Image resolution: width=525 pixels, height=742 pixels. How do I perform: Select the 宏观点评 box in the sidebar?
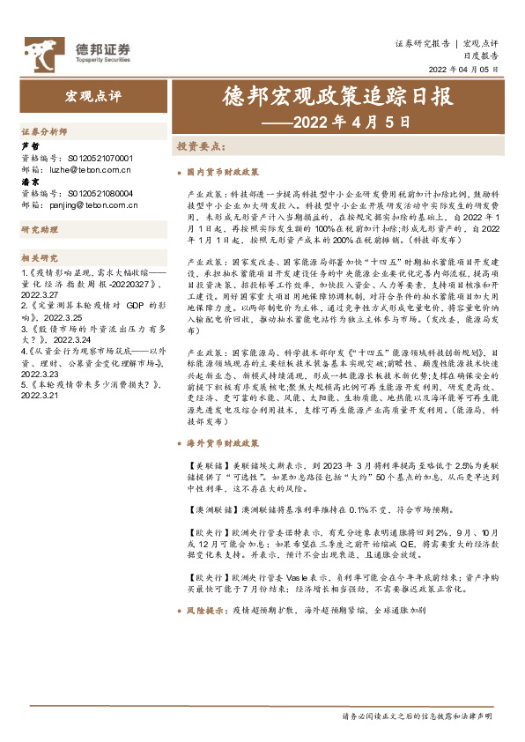[92, 95]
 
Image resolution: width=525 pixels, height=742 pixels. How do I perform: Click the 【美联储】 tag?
[206, 464]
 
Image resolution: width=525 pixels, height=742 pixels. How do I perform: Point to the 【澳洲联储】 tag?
[210, 511]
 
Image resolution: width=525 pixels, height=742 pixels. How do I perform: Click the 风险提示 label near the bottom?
[206, 610]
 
